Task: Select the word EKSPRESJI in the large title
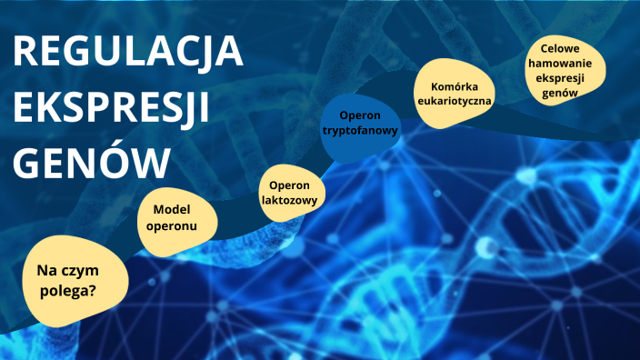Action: (x=112, y=108)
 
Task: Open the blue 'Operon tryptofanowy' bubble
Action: (x=360, y=124)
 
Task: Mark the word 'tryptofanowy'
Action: (x=360, y=131)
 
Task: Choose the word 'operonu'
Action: (x=169, y=225)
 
